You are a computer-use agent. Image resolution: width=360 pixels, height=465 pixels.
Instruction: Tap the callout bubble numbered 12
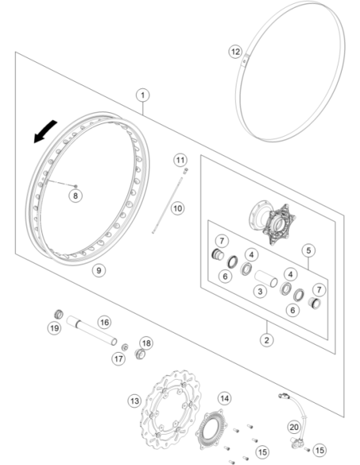[x=236, y=52]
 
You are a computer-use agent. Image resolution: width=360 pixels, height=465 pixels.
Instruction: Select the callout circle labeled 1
[x=143, y=96]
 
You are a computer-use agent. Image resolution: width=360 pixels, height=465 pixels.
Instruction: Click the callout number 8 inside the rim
[x=76, y=196]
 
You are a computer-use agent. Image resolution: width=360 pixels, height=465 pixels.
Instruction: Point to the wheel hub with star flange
[x=272, y=222]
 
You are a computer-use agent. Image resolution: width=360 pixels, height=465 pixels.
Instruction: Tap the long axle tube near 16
[x=92, y=330]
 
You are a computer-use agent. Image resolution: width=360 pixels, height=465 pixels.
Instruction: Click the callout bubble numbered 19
[x=54, y=328]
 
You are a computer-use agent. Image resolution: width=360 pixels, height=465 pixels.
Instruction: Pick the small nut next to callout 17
[x=125, y=347]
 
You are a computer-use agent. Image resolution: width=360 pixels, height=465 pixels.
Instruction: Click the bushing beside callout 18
[x=140, y=354]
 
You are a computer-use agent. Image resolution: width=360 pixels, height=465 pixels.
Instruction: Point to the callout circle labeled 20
[x=294, y=428]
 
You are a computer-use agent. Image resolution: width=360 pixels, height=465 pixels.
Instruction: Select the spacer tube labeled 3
[x=266, y=279]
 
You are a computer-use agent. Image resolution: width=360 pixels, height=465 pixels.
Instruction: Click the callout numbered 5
[x=309, y=251]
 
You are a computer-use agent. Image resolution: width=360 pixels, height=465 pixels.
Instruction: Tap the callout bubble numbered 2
[x=267, y=340]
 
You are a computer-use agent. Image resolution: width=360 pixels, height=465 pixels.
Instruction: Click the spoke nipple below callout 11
[x=186, y=171]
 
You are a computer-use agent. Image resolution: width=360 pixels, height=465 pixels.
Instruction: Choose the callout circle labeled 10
[x=178, y=208]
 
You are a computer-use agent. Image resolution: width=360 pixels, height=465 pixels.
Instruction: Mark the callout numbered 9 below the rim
[x=99, y=271]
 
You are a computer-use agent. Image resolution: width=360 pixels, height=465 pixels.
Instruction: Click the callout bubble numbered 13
[x=135, y=401]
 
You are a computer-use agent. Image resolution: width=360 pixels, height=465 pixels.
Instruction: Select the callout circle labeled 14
[x=225, y=398]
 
